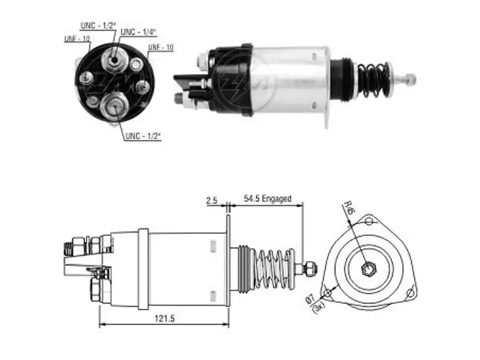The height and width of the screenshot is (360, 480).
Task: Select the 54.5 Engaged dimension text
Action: (x=267, y=199)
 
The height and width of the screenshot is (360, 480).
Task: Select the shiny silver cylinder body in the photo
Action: (x=292, y=79)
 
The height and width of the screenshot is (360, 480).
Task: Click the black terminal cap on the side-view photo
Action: (x=230, y=79)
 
